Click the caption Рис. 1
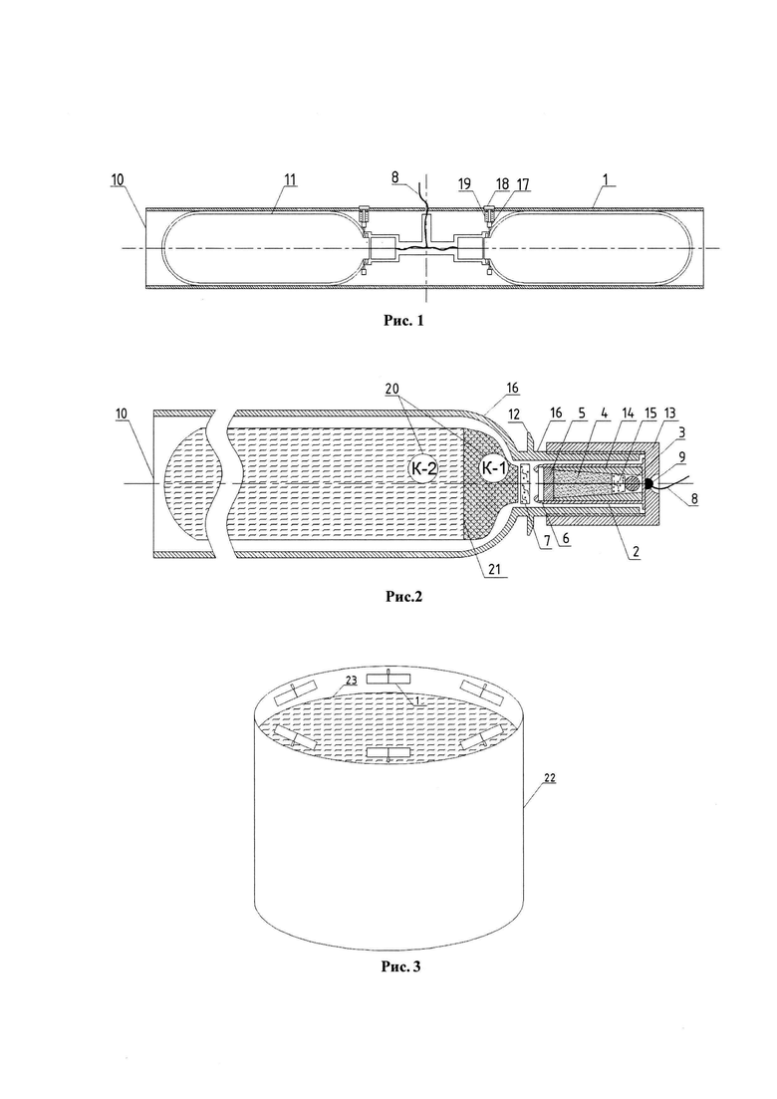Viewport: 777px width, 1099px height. [x=402, y=321]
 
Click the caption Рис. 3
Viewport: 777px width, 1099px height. [x=400, y=966]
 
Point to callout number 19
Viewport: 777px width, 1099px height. [x=482, y=183]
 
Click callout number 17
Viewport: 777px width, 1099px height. [x=522, y=184]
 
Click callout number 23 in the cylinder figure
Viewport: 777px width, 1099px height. [x=352, y=680]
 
